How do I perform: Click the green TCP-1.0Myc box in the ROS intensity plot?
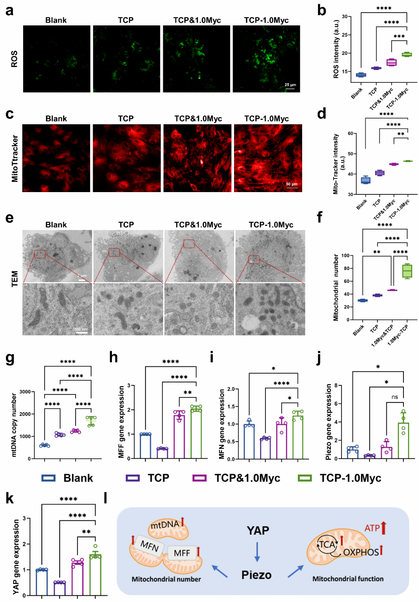[x=407, y=54]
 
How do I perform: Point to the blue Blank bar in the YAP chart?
[x=42, y=582]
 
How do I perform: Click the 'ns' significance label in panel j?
[x=395, y=397]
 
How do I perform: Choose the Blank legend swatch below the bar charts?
[x=48, y=478]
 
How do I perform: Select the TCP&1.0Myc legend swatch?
[x=199, y=478]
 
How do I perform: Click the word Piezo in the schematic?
[x=256, y=575]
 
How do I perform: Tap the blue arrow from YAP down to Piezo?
[x=257, y=552]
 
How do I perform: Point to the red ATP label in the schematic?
[x=372, y=528]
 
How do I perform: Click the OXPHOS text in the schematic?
[x=361, y=552]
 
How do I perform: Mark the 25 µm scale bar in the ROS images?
[x=290, y=88]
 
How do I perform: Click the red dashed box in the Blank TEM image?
[x=40, y=254]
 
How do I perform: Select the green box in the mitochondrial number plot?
[x=407, y=271]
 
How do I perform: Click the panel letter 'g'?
[x=10, y=357]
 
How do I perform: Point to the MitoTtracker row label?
[x=15, y=158]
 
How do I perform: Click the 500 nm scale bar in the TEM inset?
[x=81, y=332]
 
